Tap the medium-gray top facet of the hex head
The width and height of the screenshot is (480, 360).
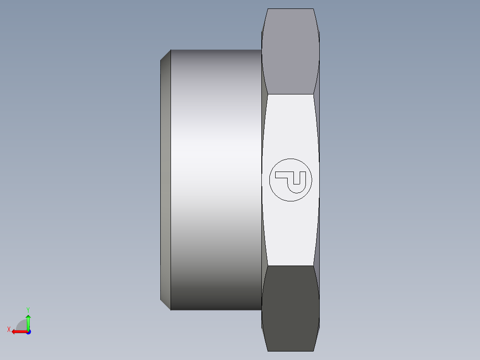[x=290, y=51]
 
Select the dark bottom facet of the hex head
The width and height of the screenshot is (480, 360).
[x=290, y=307]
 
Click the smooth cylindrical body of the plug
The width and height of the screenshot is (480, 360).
[x=216, y=178]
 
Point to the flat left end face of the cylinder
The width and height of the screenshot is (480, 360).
[x=165, y=178]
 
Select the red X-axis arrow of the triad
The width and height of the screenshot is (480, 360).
[x=18, y=331]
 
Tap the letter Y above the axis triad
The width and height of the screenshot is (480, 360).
[x=28, y=309]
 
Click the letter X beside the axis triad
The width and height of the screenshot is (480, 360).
[x=8, y=330]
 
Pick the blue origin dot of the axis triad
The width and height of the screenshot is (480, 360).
[x=28, y=332]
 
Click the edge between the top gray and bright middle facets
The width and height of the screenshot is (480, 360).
[x=290, y=94]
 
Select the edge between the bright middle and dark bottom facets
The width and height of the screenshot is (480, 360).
[x=290, y=266]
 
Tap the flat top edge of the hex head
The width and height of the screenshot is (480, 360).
[x=290, y=9]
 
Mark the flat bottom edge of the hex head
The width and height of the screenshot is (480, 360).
[x=290, y=351]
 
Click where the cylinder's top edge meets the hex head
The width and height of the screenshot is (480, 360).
[x=261, y=50]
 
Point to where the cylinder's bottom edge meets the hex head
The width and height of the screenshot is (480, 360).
[x=261, y=310]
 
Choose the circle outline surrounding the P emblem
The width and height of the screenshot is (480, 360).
[x=269, y=180]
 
